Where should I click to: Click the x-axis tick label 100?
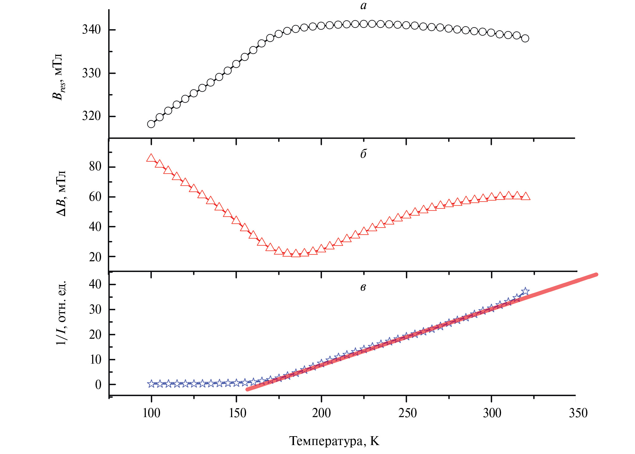pyautogui.click(x=151, y=413)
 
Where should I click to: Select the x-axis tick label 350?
pyautogui.click(x=578, y=413)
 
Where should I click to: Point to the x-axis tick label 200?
pyautogui.click(x=321, y=413)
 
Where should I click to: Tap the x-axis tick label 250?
pyautogui.click(x=407, y=413)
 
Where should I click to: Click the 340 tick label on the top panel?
pyautogui.click(x=91, y=30)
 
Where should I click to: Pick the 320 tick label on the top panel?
pyautogui.click(x=91, y=116)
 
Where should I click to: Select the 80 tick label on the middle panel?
pyautogui.click(x=95, y=167)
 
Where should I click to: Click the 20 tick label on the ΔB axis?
pyautogui.click(x=95, y=257)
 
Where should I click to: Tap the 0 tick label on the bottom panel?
pyautogui.click(x=98, y=385)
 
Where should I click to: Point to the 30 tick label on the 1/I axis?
pyautogui.click(x=95, y=310)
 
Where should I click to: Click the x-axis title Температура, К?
pyautogui.click(x=334, y=441)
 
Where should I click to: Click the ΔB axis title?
pyautogui.click(x=61, y=194)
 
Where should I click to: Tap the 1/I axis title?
pyautogui.click(x=61, y=313)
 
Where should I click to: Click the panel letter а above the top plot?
pyautogui.click(x=363, y=5)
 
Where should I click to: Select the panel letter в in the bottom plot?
pyautogui.click(x=363, y=287)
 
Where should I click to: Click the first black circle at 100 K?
pyautogui.click(x=151, y=124)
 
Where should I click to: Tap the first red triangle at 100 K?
pyautogui.click(x=151, y=158)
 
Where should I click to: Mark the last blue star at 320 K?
pyautogui.click(x=525, y=291)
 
